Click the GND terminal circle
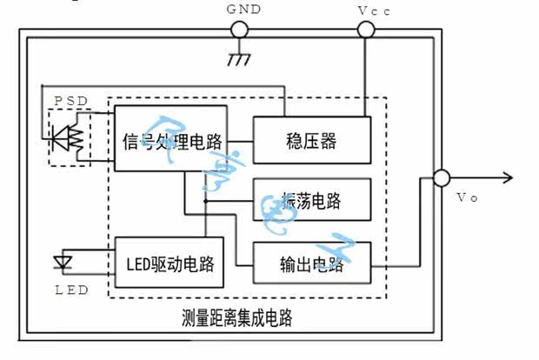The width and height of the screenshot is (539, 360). pos(237,30)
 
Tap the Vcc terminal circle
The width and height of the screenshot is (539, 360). pos(366,30)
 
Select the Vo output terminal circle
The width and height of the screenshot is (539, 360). pos(442,178)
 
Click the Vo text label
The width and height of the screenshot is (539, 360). pos(467,197)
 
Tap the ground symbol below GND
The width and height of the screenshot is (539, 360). pos(235,59)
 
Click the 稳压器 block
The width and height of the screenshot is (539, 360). pos(311,140)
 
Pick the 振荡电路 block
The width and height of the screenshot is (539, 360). pos(311,201)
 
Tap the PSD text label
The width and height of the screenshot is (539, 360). pos(70,101)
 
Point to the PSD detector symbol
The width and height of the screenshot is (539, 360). pos(67,137)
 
